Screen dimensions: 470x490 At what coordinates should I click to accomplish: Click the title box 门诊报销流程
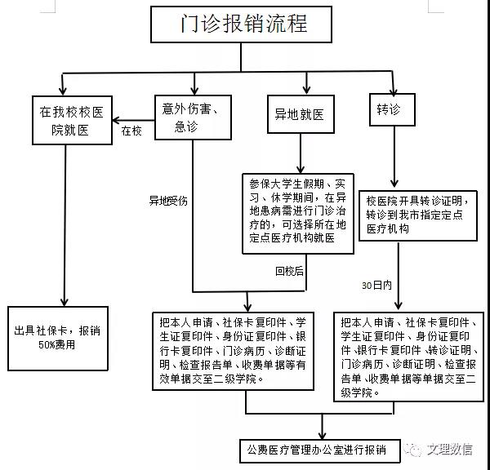(243, 24)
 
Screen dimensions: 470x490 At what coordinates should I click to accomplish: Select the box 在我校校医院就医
(70, 119)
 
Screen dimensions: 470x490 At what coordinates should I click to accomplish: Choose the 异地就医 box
(300, 115)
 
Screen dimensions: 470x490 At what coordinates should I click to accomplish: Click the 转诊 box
(392, 111)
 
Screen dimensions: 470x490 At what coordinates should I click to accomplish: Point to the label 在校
(131, 130)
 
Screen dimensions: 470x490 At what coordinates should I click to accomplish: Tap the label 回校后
(289, 271)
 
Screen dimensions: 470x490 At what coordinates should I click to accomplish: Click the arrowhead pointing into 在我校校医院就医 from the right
(116, 118)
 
